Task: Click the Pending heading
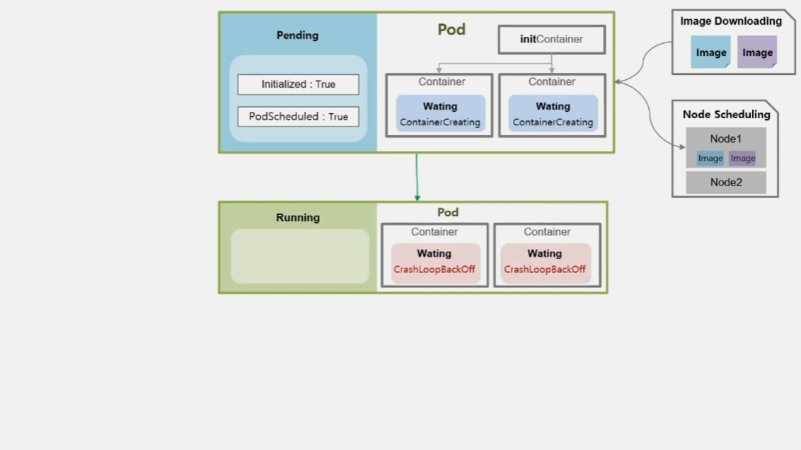tap(297, 35)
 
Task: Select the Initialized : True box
tap(299, 84)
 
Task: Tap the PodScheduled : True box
tap(299, 117)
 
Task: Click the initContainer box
tap(552, 40)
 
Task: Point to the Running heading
tap(298, 218)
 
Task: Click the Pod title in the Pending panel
tap(451, 30)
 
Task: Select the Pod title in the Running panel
tap(448, 212)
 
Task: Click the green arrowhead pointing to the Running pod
tap(417, 197)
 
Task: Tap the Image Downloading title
tap(731, 21)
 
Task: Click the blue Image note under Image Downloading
tap(710, 52)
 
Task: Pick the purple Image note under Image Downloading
tap(757, 52)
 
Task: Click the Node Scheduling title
tap(727, 115)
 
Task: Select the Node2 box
tap(726, 183)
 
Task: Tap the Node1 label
tap(725, 139)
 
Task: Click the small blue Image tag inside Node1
tap(710, 158)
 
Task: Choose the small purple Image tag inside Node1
tap(743, 158)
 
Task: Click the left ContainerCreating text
tap(440, 122)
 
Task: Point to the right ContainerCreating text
tap(553, 122)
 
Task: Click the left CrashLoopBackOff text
tap(434, 269)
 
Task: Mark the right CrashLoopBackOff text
tap(545, 269)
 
